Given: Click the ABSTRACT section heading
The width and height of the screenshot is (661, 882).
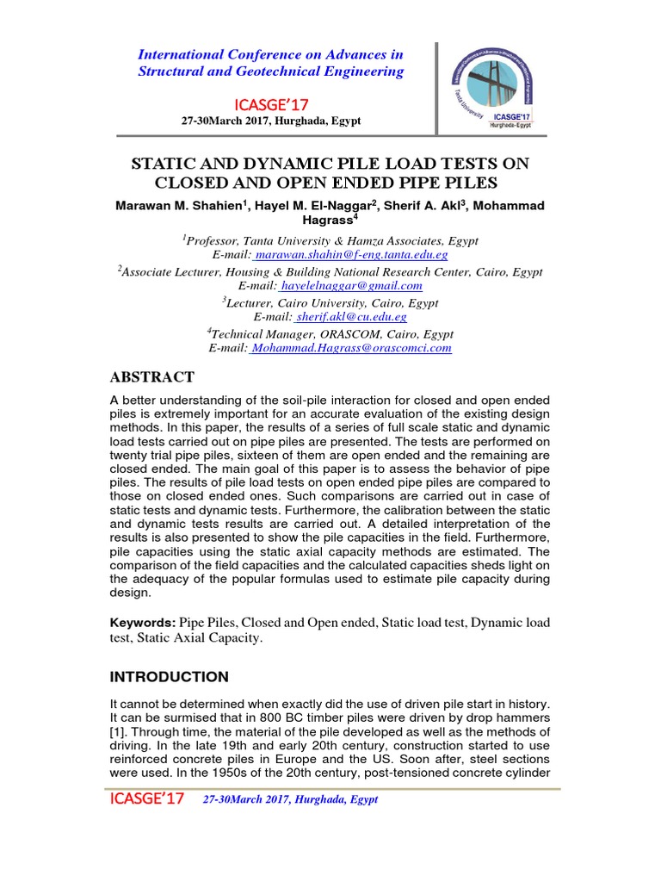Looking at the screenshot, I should (x=153, y=377).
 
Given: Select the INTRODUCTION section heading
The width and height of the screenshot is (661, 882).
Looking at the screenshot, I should (x=170, y=676).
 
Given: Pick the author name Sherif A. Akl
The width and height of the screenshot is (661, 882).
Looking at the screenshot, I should (x=429, y=207).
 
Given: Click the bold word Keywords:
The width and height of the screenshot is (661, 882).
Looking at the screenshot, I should (x=143, y=622).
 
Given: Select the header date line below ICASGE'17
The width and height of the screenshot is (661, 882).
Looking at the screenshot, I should (x=270, y=121).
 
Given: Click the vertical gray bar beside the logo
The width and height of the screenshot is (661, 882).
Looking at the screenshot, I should (x=436, y=88).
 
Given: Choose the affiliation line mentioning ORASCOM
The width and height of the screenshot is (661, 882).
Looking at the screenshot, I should (x=330, y=333).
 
